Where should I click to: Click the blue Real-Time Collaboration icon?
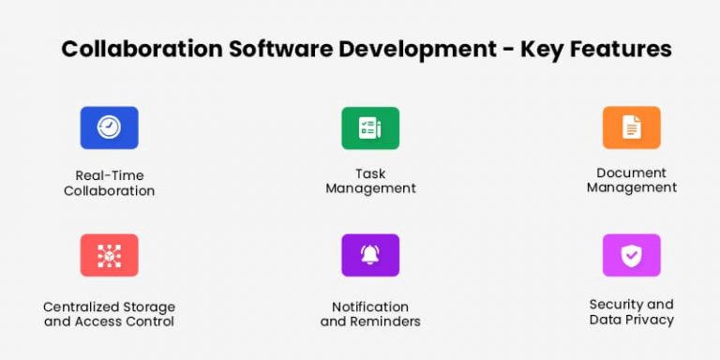coord(109,127)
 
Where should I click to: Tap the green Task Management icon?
coord(370,127)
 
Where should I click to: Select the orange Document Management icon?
coord(631,127)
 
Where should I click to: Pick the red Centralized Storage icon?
coord(109,255)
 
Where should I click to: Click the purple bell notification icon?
coord(370,255)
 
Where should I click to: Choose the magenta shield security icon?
coord(631,255)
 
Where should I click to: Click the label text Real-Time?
coord(109,175)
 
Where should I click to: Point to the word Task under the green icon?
coord(370,173)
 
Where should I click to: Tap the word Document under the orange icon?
coord(631,172)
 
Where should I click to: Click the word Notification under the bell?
coord(370,307)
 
